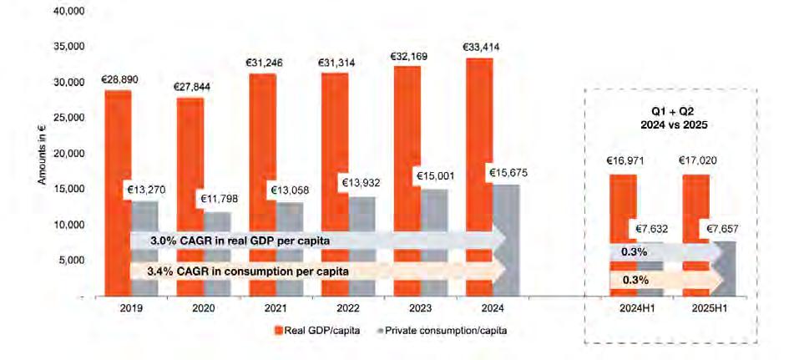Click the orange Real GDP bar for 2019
(118, 193)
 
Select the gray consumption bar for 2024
(506, 240)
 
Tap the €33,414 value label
(481, 48)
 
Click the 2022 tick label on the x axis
(348, 308)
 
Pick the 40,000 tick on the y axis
(68, 11)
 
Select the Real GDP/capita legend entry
(317, 331)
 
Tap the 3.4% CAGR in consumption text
(248, 271)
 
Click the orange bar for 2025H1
(696, 236)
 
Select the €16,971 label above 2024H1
(625, 161)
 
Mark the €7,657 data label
(722, 230)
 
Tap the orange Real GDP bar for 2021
(263, 185)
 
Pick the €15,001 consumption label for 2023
(436, 176)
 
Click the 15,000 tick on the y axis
(68, 189)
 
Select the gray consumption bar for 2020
(217, 254)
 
